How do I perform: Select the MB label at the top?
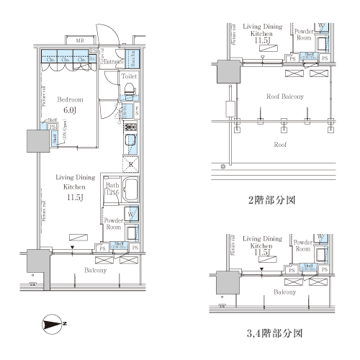coord(79,41)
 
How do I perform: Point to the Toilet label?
coord(130,76)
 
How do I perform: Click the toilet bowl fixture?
coord(130,91)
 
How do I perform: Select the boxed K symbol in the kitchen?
coord(131,165)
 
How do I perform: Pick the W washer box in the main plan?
coord(132,214)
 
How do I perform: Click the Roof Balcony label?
coord(284,96)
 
